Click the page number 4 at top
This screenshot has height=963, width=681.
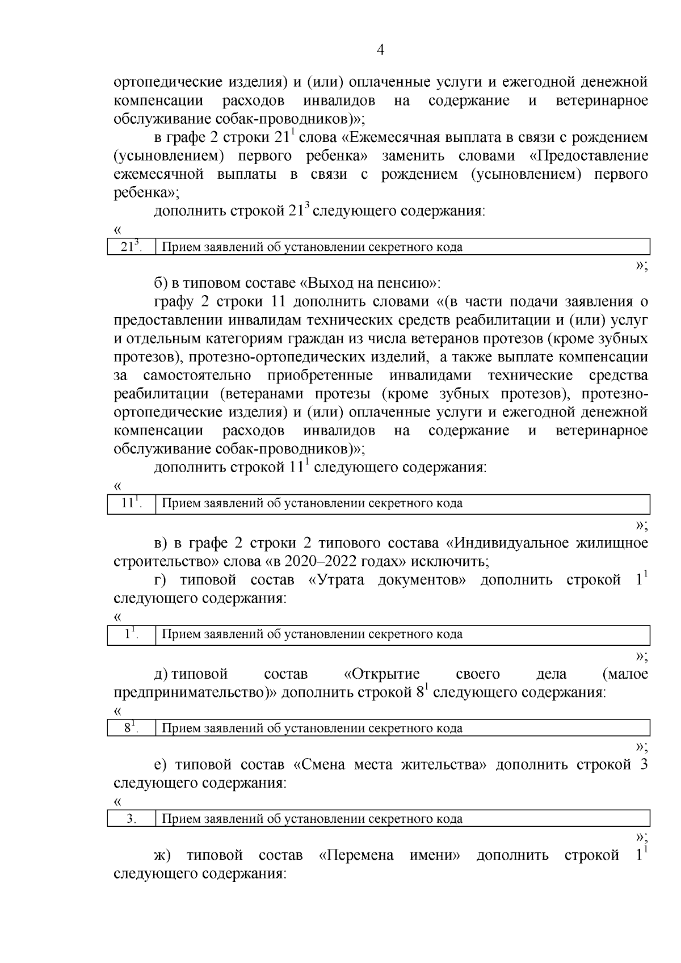coord(381,51)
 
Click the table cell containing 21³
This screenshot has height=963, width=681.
coord(131,247)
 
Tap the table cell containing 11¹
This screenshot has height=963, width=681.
coord(131,503)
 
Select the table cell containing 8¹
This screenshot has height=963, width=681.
coord(131,728)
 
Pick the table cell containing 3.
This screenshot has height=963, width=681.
coord(131,819)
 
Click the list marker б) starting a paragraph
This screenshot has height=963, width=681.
coord(161,283)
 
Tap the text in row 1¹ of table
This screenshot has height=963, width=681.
coord(312,634)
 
